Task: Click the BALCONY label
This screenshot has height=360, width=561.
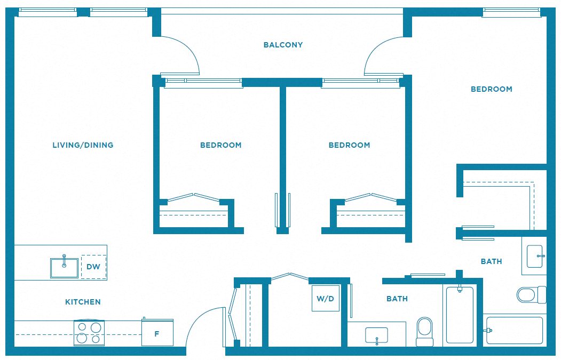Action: click(283, 45)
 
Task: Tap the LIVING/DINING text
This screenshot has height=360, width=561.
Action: click(83, 145)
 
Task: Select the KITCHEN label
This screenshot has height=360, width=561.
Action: click(83, 302)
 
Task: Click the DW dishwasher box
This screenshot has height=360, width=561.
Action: click(94, 267)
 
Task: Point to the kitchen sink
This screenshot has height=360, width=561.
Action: click(64, 268)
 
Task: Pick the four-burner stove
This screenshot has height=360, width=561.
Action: click(89, 333)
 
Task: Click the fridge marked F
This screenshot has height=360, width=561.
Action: click(157, 333)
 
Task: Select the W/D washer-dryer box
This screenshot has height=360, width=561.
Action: click(326, 298)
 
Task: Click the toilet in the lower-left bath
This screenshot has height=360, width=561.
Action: click(425, 331)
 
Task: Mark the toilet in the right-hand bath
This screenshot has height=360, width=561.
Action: click(531, 295)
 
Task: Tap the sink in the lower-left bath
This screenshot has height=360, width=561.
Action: click(376, 336)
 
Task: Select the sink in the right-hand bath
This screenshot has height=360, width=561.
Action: click(535, 256)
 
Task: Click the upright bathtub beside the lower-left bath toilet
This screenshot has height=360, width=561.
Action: click(460, 315)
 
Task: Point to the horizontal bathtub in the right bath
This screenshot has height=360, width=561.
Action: click(514, 331)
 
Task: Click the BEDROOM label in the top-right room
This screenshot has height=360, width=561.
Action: click(491, 89)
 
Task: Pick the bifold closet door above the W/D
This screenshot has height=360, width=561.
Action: click(290, 276)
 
